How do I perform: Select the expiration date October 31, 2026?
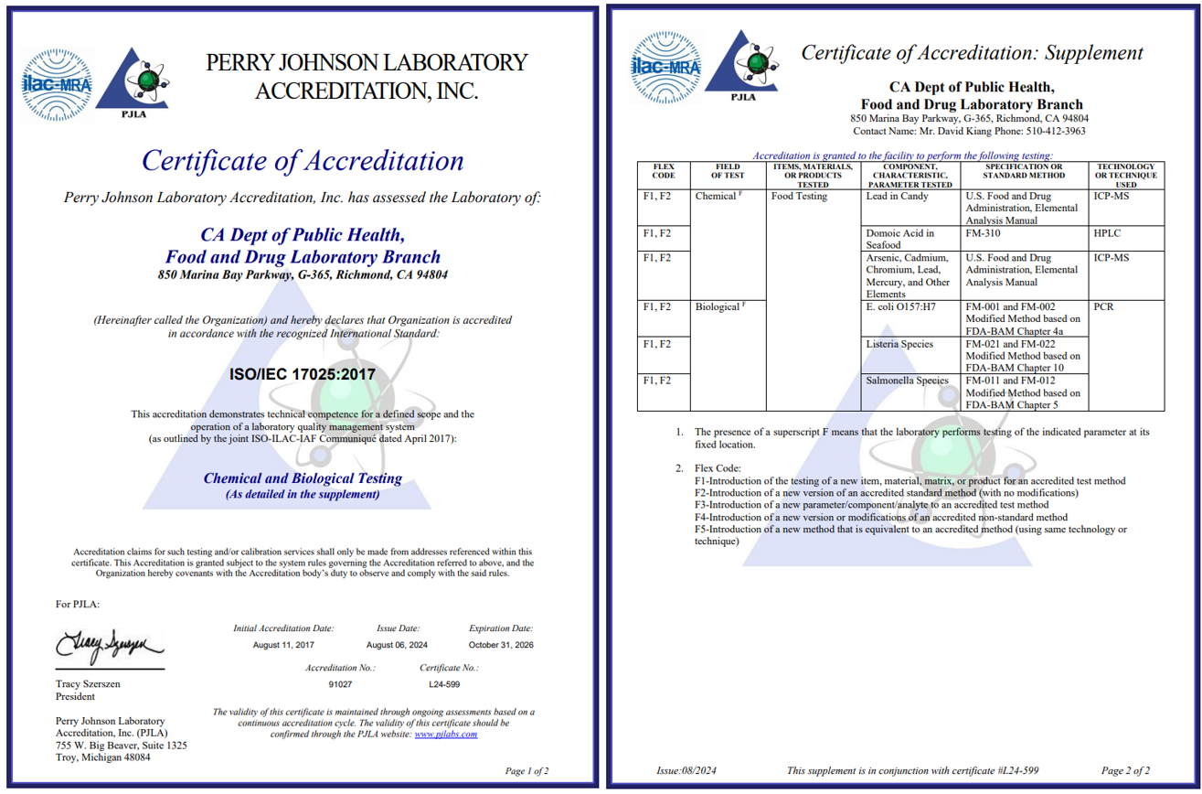(500, 646)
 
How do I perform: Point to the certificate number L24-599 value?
(444, 684)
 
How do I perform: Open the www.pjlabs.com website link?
(446, 734)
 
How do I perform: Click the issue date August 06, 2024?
(397, 646)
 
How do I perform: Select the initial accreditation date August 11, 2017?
(283, 646)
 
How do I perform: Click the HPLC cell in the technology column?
(1107, 233)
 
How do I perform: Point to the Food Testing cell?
(799, 196)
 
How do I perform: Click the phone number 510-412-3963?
(1051, 131)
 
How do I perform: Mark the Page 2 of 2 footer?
(1125, 770)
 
